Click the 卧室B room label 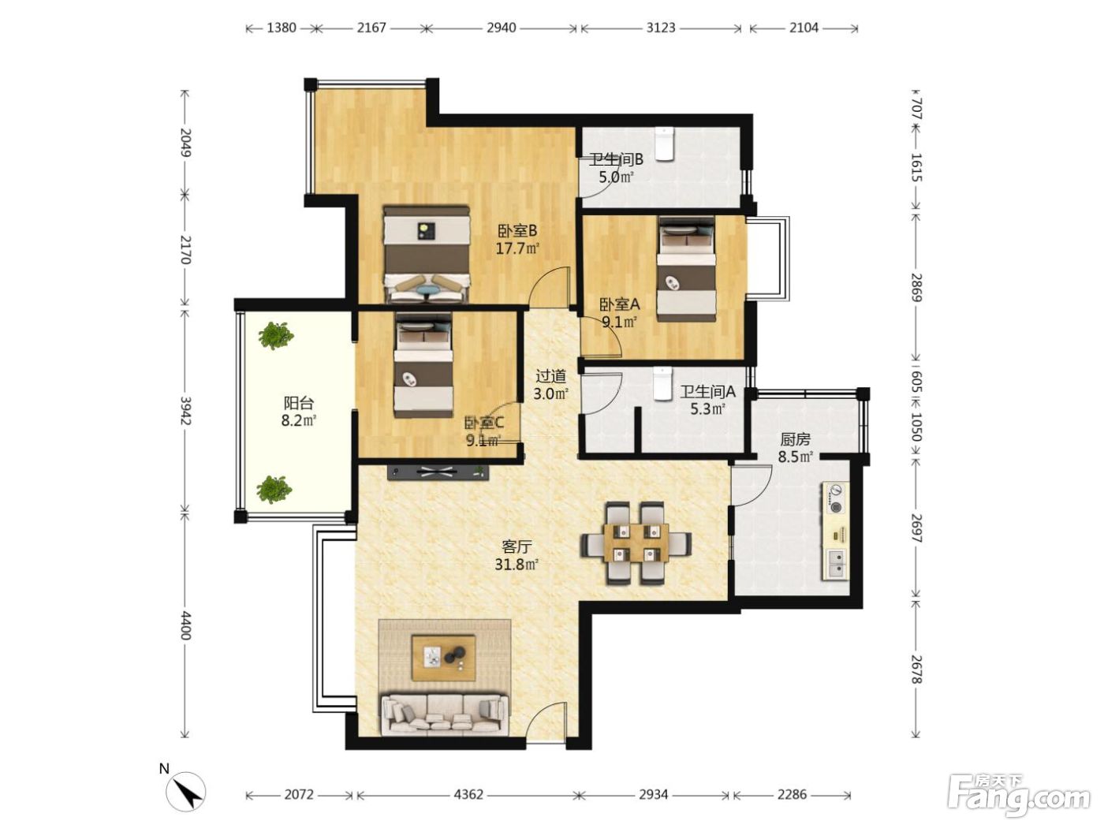click(x=517, y=231)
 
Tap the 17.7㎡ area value click(x=517, y=248)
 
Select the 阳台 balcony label click(x=299, y=403)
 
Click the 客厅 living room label click(x=517, y=546)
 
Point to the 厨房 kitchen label click(x=795, y=439)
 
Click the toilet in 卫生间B click(x=665, y=144)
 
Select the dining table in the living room click(x=636, y=543)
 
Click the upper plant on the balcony click(x=276, y=335)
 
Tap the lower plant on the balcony click(x=274, y=489)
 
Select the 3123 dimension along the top click(x=661, y=28)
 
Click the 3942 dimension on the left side click(x=185, y=410)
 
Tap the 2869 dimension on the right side click(x=916, y=287)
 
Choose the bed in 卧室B click(x=427, y=254)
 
